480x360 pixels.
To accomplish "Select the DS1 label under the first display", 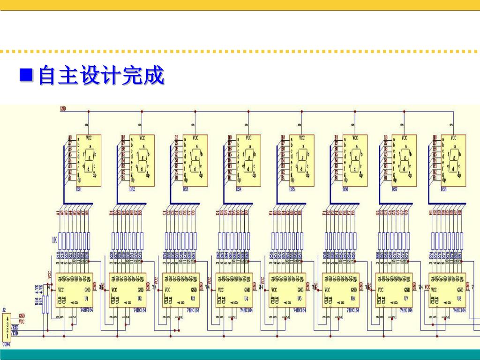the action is click(79, 189).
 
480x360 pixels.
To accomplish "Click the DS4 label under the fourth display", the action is click(239, 189).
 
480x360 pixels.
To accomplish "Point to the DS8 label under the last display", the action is click(443, 189).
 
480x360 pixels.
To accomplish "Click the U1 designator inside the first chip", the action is click(86, 298).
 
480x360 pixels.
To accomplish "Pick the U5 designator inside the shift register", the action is click(300, 298).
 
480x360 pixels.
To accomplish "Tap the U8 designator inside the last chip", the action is click(459, 298).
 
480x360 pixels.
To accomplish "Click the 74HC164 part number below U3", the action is click(193, 310).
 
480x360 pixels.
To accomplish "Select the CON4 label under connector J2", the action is click(6, 344).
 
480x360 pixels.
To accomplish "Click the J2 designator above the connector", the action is click(4, 310).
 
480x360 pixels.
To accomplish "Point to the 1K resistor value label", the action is click(54, 240).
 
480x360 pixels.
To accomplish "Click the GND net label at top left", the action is click(63, 108).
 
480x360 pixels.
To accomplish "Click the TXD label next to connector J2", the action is click(15, 333).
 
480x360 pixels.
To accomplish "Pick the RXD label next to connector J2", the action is click(15, 328).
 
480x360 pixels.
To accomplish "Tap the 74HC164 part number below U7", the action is click(406, 310).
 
